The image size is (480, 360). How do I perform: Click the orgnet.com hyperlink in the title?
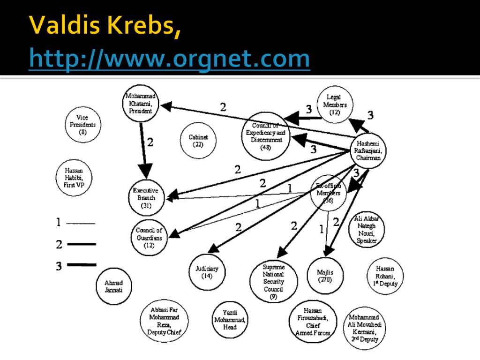(169, 59)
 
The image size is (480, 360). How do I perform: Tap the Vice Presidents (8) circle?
(82, 125)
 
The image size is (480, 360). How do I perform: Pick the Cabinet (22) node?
(198, 141)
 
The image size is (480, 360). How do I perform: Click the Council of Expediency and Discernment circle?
(266, 136)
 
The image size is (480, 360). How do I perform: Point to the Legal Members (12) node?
(334, 105)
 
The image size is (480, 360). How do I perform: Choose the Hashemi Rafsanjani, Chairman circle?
(368, 150)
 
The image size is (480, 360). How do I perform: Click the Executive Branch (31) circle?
(146, 197)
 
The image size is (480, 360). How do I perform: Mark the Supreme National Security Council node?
(273, 282)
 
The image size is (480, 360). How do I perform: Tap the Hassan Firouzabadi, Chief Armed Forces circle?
(313, 322)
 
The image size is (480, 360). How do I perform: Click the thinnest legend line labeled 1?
(81, 224)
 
